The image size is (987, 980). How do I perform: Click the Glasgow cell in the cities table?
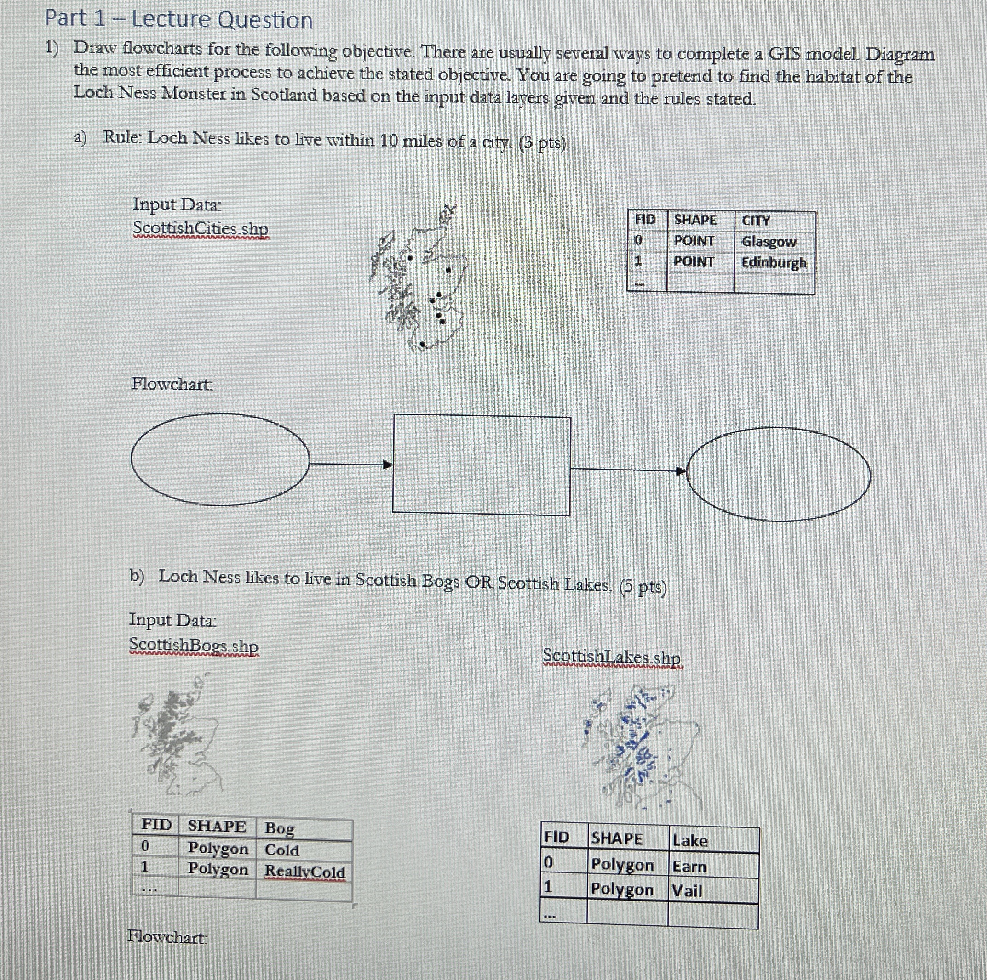tap(769, 241)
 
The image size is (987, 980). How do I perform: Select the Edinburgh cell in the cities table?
tap(774, 262)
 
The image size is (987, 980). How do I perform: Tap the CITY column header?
tap(756, 221)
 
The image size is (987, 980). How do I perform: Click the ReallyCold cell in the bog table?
tap(304, 871)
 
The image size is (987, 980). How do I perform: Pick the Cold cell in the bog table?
tap(281, 850)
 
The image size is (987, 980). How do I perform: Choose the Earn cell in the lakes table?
tap(689, 867)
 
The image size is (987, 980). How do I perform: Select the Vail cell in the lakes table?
tap(687, 891)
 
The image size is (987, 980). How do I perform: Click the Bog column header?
tap(279, 828)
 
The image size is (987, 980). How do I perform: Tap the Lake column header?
tap(690, 841)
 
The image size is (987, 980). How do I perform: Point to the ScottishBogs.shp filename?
tap(194, 645)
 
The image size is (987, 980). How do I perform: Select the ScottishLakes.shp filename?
tap(612, 657)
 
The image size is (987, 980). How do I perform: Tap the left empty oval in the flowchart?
tap(220, 459)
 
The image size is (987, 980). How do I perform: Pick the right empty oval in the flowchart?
tap(779, 474)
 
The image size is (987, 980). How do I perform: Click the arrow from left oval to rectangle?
tap(351, 464)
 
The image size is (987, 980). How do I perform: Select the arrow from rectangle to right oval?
tap(628, 470)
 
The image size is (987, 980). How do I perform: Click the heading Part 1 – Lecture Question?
tap(179, 20)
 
